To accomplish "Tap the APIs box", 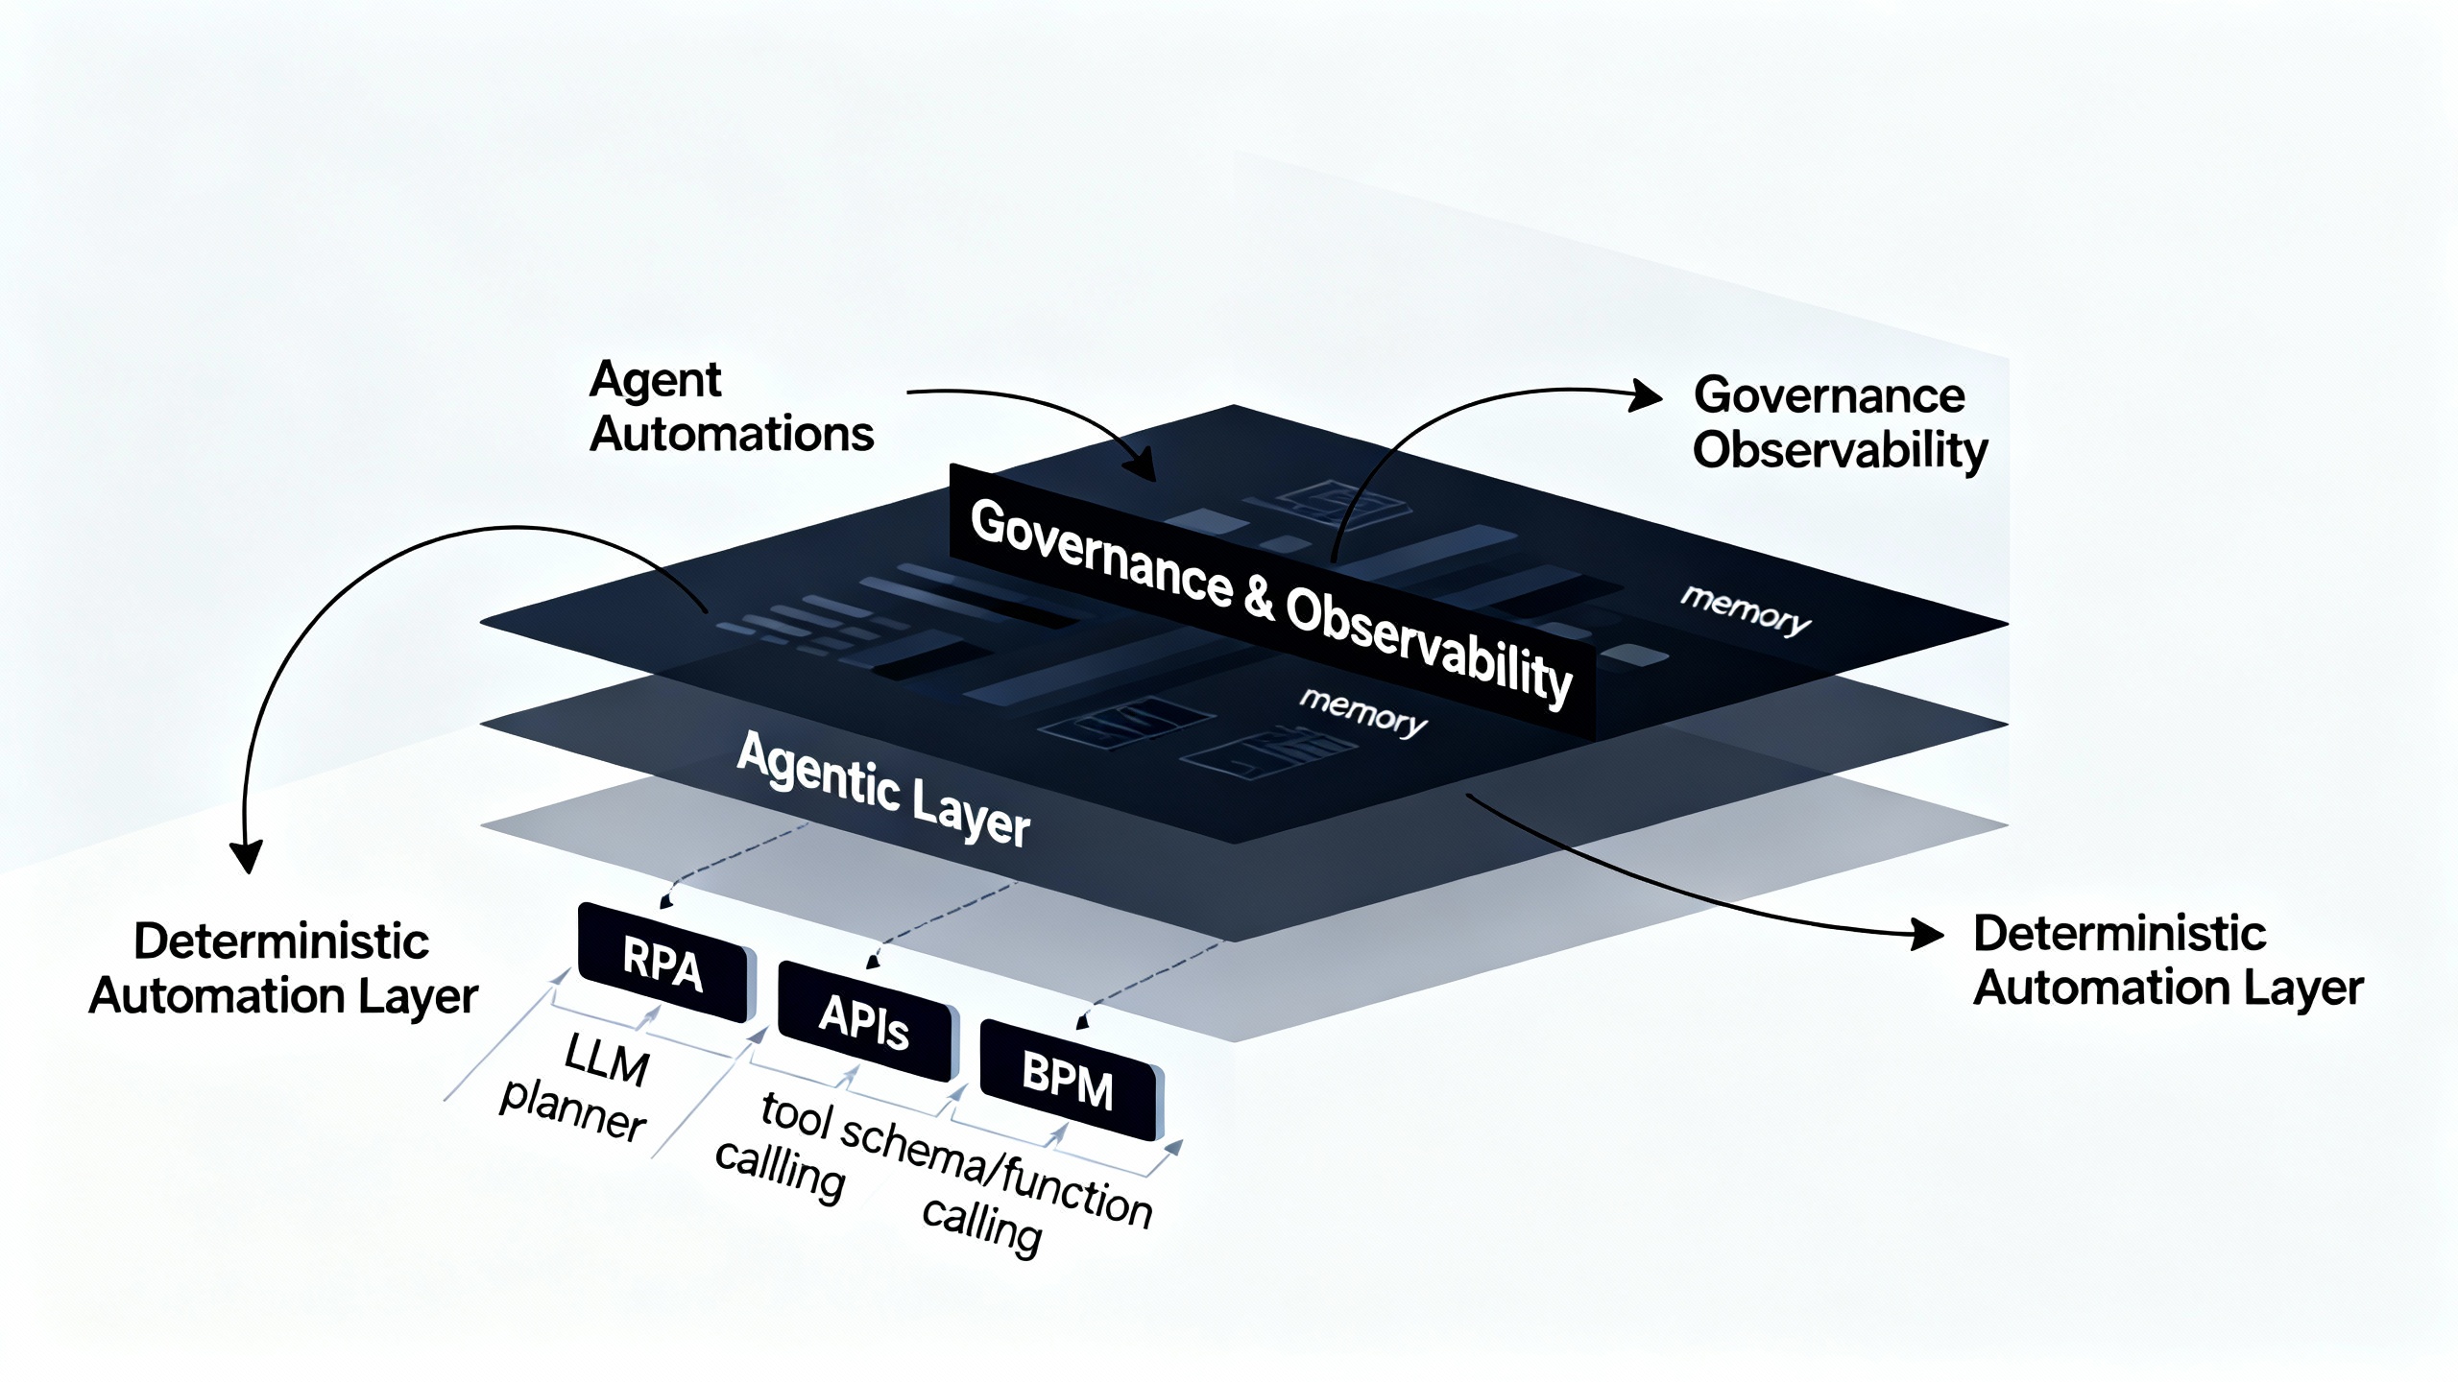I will (x=864, y=1021).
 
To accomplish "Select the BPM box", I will (x=1069, y=1081).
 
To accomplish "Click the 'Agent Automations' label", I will (x=730, y=407).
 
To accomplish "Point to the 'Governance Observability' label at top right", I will (x=1839, y=423).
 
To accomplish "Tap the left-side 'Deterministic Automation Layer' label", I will (x=282, y=967).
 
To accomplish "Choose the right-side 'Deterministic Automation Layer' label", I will (x=2167, y=961).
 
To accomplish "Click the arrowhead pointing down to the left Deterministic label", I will (x=247, y=857).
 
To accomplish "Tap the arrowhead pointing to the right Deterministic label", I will (x=1928, y=934).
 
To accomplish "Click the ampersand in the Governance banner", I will (x=1259, y=597).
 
